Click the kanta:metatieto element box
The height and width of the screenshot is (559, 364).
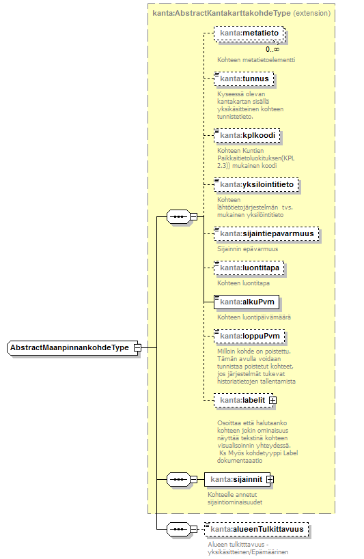pos(249,33)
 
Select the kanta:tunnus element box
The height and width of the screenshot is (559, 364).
pos(244,78)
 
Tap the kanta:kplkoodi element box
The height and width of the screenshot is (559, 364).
pos(247,135)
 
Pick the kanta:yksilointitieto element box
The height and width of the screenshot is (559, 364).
pos(256,185)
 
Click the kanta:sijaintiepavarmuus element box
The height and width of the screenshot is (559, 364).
pos(266,234)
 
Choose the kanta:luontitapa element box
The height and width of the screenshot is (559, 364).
pos(249,268)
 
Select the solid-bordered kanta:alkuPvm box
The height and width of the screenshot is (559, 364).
pos(247,302)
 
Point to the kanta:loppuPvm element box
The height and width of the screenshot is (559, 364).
pos(249,336)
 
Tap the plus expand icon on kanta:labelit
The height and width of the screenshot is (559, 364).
pos(272,401)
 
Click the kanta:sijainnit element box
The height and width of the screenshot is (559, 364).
pos(237,480)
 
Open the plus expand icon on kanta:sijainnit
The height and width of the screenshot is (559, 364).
pos(270,480)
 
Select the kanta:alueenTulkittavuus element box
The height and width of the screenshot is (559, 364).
pos(257,530)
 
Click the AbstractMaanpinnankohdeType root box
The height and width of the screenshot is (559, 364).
pos(72,347)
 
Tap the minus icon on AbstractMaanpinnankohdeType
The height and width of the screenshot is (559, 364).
pos(137,347)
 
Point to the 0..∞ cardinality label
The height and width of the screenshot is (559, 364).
pos(272,50)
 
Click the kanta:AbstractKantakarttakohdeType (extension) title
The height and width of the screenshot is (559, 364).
pos(242,13)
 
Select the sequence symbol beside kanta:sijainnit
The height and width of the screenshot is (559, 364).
pos(178,480)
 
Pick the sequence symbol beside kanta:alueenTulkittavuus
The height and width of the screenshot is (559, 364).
pos(178,530)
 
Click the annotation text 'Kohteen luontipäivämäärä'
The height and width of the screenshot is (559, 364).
pos(254,317)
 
